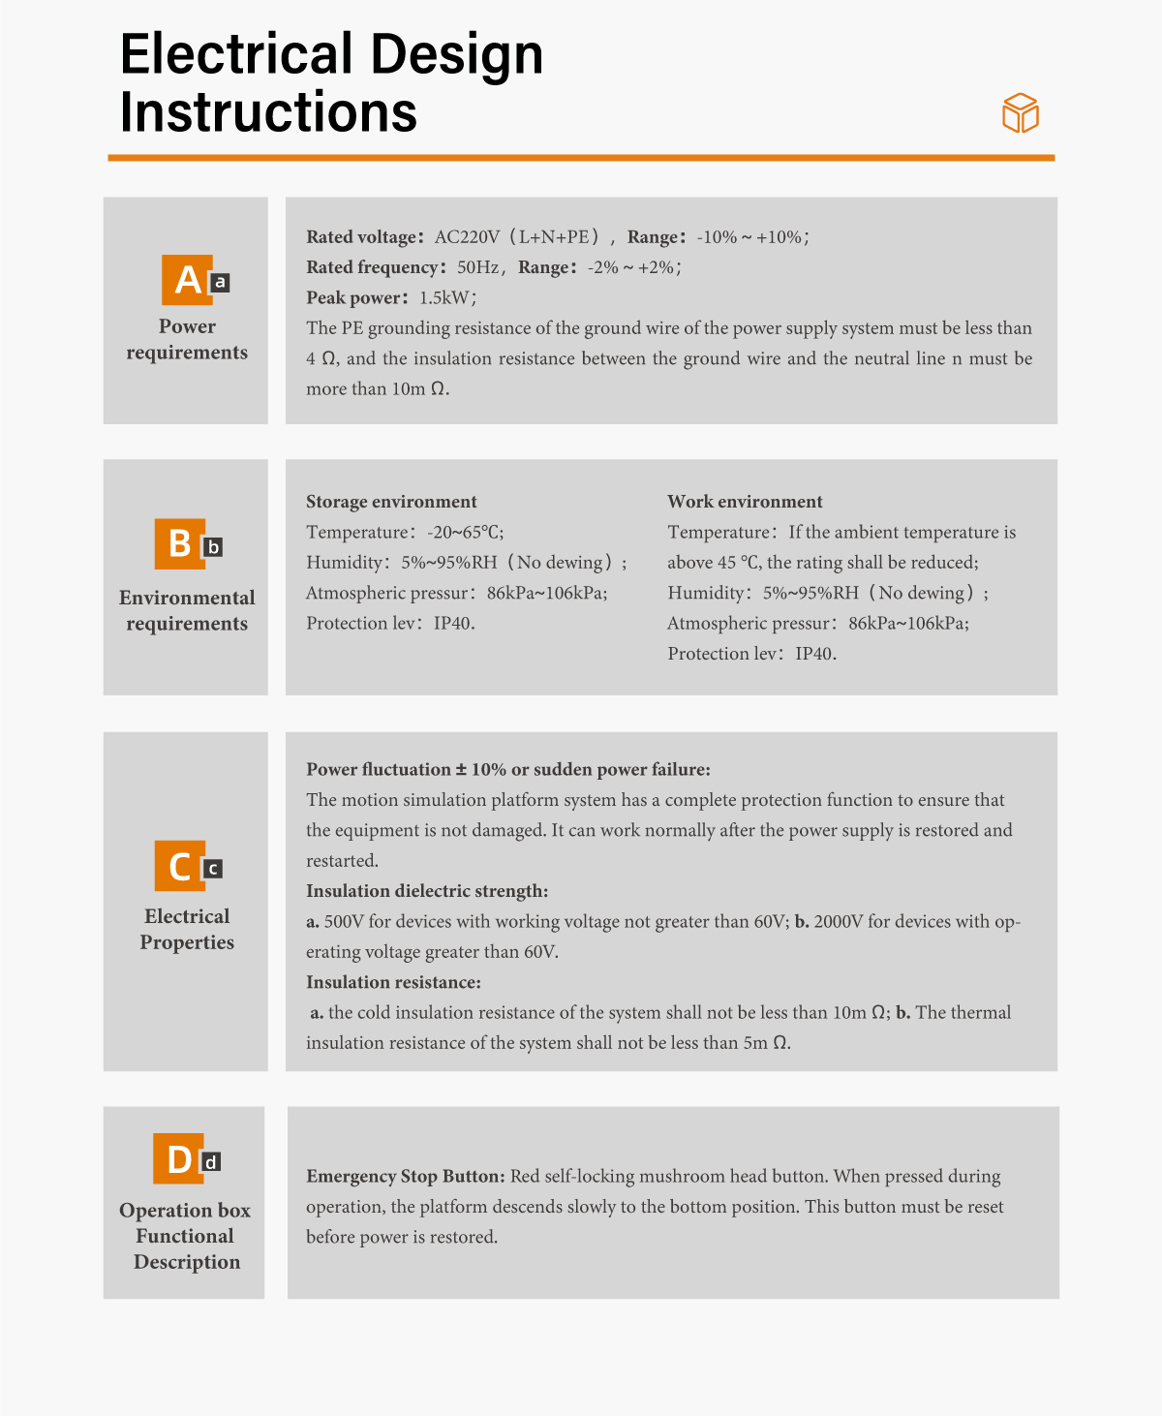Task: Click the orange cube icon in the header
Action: (x=1020, y=113)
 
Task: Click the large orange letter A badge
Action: (x=187, y=280)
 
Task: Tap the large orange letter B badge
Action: (x=179, y=544)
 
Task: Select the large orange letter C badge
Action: (x=179, y=866)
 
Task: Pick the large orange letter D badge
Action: (x=178, y=1158)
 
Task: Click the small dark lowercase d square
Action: (x=211, y=1161)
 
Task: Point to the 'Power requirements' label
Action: (x=187, y=339)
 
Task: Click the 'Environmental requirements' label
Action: (x=187, y=610)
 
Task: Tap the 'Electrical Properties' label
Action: (x=187, y=929)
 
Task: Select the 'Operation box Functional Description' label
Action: (x=185, y=1236)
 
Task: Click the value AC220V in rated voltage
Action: (x=467, y=237)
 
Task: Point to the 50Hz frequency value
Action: (x=477, y=267)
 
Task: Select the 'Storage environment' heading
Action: (x=391, y=502)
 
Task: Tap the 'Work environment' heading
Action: (x=745, y=502)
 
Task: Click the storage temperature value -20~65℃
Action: (x=465, y=533)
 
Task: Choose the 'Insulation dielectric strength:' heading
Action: (x=427, y=891)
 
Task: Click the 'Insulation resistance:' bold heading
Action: (x=393, y=982)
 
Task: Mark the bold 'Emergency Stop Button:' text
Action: (x=406, y=1177)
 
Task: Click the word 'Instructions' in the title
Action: (x=268, y=112)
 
